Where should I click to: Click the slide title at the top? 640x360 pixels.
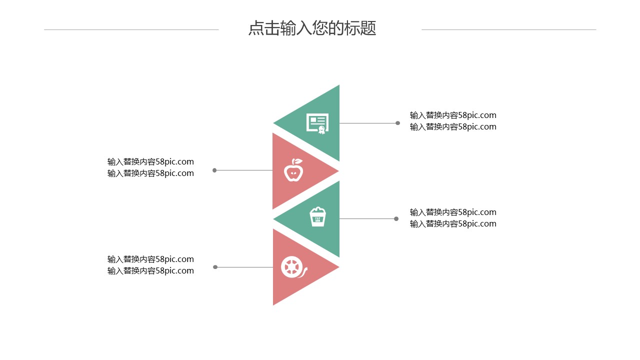312,28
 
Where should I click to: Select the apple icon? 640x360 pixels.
293,170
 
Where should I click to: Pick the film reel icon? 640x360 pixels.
292,267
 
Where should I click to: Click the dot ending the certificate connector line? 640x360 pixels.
397,123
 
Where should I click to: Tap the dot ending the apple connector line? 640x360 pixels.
214,170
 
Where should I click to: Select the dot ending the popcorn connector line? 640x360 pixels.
396,218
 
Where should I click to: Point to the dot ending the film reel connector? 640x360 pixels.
215,267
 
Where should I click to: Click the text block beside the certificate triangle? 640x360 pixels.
453,121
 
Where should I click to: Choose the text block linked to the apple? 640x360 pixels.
150,167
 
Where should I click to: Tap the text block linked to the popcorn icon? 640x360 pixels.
453,218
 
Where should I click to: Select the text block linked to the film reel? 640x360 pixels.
150,265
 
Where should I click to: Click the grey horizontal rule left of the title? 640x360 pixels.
131,29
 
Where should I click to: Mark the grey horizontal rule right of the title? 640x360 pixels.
508,29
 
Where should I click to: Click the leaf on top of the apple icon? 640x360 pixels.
297,161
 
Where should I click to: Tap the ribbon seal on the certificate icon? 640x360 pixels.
322,130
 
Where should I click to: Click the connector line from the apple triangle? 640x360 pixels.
244,170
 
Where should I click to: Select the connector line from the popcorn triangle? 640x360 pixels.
367,218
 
